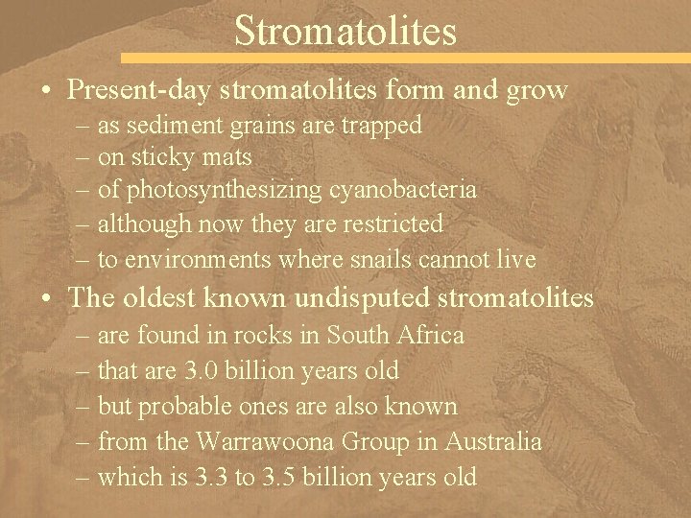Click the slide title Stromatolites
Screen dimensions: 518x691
click(x=345, y=31)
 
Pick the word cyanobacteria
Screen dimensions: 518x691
click(x=403, y=190)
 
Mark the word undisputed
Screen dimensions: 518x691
click(x=364, y=298)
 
